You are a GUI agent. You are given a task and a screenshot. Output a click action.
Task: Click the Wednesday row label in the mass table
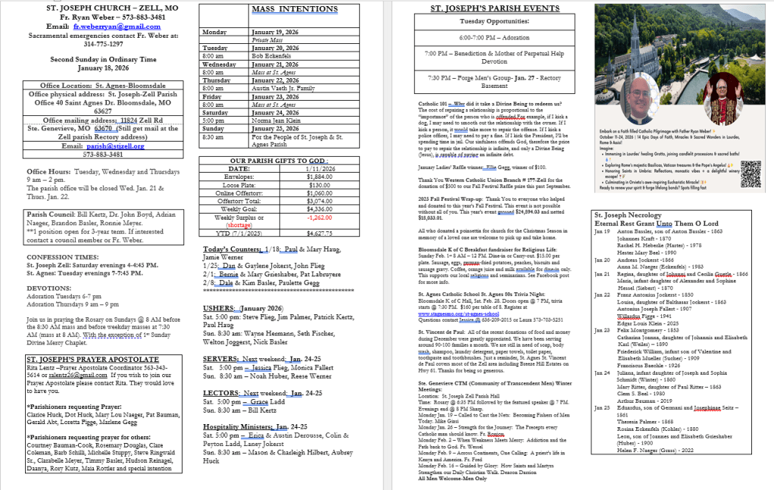click(x=220, y=64)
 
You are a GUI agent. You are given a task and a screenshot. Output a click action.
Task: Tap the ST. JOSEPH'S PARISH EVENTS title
click(x=483, y=9)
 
